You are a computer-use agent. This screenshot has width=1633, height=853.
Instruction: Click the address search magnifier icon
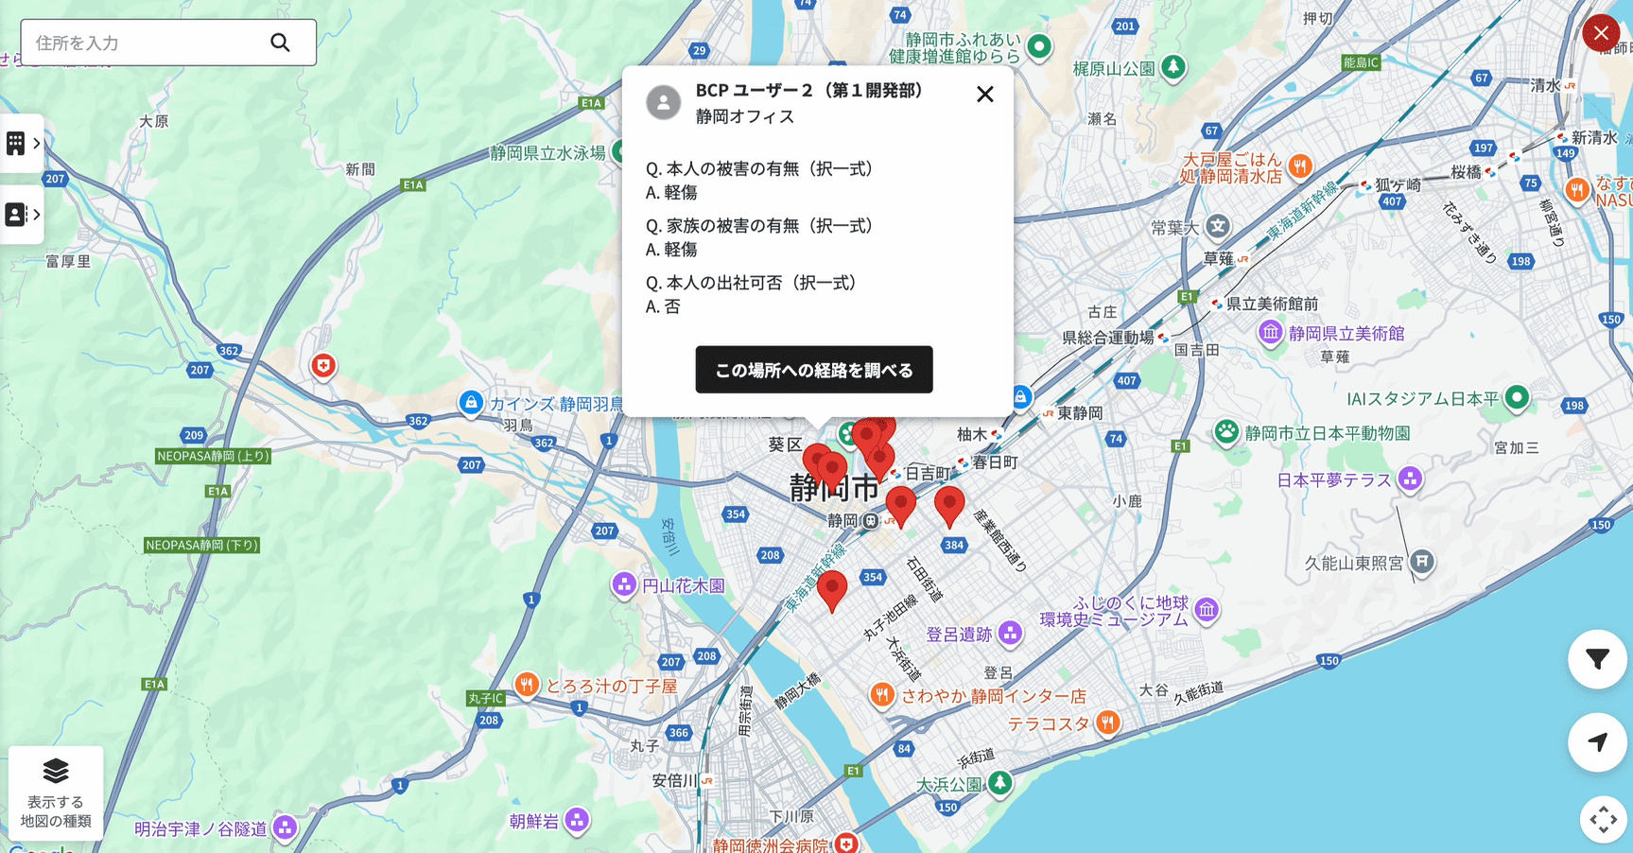(280, 43)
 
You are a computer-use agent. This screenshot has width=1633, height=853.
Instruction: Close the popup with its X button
(984, 95)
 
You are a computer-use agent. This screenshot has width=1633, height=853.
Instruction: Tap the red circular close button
(1600, 33)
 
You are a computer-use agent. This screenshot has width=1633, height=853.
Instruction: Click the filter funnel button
(1597, 659)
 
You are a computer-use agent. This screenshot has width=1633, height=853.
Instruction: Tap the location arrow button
(1597, 742)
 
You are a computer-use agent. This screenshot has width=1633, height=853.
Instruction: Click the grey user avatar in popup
(663, 102)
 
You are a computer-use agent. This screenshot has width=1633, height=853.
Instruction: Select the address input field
(142, 43)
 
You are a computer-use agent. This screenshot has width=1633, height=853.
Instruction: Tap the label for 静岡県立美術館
(1346, 333)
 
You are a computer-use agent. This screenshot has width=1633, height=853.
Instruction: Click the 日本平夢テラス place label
(1333, 480)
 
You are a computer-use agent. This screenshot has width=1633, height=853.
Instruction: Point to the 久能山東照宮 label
(1353, 564)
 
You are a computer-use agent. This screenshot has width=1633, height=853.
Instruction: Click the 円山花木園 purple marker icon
(623, 584)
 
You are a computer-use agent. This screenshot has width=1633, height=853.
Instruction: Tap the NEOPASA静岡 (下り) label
(201, 546)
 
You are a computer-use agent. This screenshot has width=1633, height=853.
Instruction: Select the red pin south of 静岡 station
(831, 588)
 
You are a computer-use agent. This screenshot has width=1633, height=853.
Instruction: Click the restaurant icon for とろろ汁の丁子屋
(527, 684)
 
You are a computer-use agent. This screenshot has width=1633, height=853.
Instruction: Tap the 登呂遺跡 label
(958, 635)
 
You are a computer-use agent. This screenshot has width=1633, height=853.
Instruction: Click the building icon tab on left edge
(16, 144)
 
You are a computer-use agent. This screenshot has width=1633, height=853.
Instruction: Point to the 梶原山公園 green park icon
(1173, 68)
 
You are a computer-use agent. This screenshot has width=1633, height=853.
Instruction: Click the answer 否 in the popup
(671, 306)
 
